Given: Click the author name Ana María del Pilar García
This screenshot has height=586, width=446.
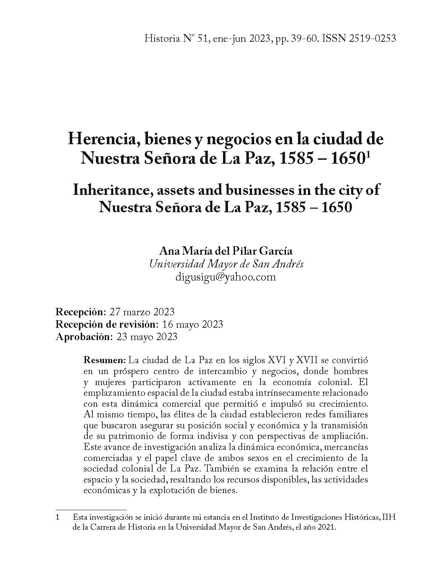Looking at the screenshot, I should pos(226,251).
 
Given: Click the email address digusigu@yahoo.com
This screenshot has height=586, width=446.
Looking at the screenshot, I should pos(225,277).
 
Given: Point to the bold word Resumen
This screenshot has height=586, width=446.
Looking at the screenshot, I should pos(104,361).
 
